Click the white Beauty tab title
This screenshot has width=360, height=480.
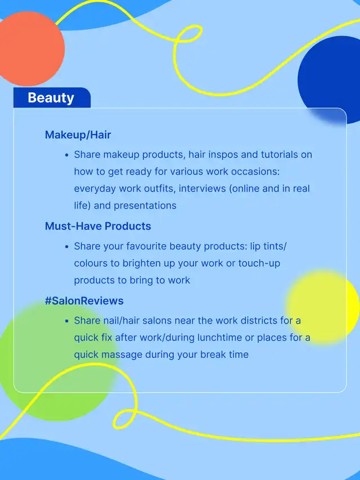point(51,98)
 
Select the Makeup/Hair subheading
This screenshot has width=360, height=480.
point(78,135)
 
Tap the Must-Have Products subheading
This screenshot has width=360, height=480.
point(98,226)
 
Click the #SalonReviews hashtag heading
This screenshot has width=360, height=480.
point(84,300)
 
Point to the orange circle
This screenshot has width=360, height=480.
point(30,48)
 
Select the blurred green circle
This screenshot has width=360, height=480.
point(57,361)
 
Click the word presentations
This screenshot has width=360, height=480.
point(145,206)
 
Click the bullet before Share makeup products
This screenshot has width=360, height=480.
point(67,155)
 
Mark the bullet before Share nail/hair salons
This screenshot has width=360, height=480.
point(67,321)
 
